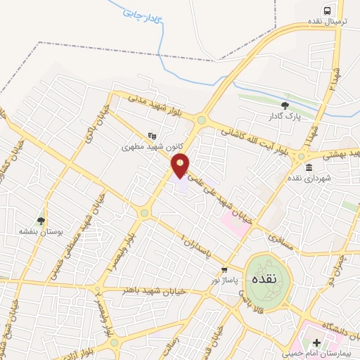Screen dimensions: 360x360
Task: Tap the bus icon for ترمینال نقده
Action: click(326, 10)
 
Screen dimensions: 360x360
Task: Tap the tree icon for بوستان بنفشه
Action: click(41, 220)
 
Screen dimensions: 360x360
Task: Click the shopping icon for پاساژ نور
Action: click(224, 269)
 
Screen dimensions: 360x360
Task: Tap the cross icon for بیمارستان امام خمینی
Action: click(317, 343)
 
